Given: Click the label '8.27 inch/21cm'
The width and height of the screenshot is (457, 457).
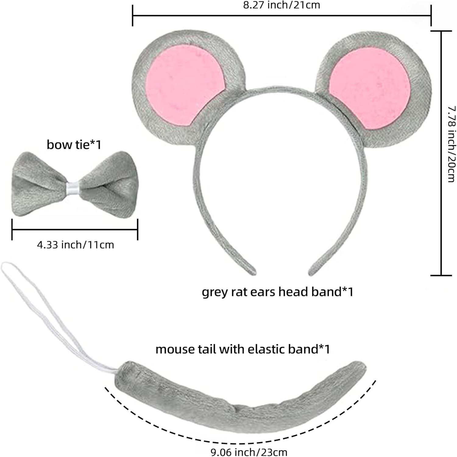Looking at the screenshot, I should point(282,5).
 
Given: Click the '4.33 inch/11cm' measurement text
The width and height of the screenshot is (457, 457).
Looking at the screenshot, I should point(75,245).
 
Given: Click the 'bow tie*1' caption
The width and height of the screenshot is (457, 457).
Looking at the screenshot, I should point(74,145).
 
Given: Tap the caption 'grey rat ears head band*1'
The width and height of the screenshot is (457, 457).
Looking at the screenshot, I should point(277,292).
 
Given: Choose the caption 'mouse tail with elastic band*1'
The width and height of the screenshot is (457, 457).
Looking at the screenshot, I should point(243,349).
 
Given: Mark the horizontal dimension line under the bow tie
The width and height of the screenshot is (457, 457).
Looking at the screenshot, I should point(75,229).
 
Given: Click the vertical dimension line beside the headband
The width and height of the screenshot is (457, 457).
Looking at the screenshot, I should point(441,152).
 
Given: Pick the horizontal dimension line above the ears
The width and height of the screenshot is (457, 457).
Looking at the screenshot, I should point(282,15).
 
